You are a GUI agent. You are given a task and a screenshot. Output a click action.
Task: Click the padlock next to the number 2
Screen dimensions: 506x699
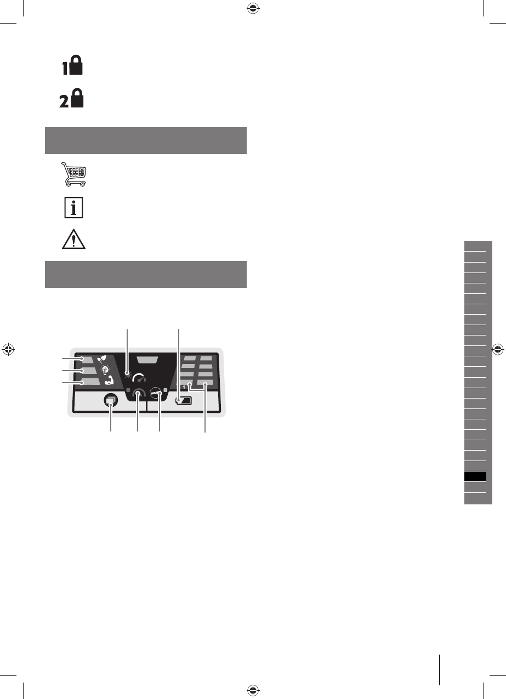click(x=77, y=98)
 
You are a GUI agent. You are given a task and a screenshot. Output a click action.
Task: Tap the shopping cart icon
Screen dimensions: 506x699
click(x=73, y=174)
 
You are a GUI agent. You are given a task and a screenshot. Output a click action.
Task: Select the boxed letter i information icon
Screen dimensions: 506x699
click(x=73, y=207)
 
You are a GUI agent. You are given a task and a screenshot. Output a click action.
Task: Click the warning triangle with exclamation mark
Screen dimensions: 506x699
click(x=73, y=240)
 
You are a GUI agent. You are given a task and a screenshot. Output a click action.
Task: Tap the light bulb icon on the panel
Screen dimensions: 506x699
click(x=105, y=370)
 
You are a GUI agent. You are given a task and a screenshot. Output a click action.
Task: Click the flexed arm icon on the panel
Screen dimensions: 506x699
click(x=109, y=380)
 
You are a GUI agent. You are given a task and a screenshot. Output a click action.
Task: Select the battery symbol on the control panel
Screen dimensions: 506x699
click(x=184, y=401)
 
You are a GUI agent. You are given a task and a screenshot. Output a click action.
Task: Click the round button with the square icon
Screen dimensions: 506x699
click(x=111, y=400)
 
